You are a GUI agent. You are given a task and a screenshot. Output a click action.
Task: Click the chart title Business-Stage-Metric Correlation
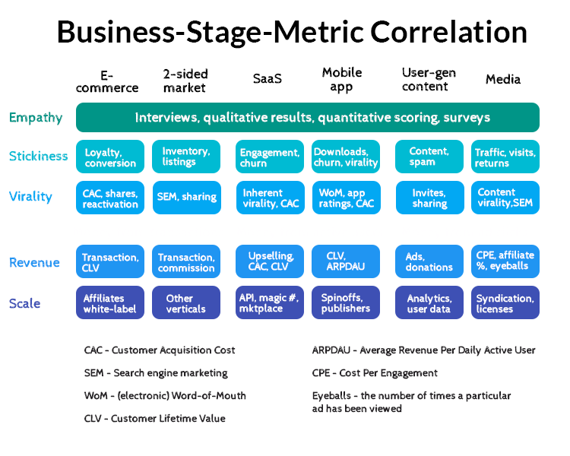[292, 32]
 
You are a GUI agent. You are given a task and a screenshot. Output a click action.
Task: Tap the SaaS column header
[267, 79]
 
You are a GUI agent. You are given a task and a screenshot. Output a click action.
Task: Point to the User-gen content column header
[429, 79]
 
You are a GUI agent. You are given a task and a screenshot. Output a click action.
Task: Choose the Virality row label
[30, 197]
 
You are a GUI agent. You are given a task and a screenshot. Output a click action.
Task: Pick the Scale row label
[24, 303]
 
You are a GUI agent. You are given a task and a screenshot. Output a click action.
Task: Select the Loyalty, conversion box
[111, 157]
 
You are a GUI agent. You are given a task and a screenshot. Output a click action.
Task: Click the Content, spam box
[429, 157]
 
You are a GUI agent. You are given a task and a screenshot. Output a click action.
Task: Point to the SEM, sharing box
[186, 197]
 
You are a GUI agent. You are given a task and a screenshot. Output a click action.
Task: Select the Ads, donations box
[429, 261]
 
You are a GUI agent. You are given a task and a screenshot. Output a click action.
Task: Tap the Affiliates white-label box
[111, 302]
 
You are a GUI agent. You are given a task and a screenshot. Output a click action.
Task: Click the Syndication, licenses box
[505, 302]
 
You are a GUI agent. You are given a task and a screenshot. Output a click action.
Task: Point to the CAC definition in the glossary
[160, 350]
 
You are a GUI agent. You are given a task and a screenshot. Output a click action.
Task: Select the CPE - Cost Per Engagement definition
[375, 373]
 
